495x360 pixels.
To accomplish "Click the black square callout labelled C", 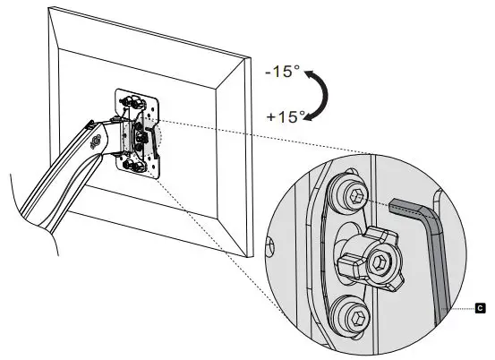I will (480, 307).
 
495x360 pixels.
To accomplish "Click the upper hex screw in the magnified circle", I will (355, 197).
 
